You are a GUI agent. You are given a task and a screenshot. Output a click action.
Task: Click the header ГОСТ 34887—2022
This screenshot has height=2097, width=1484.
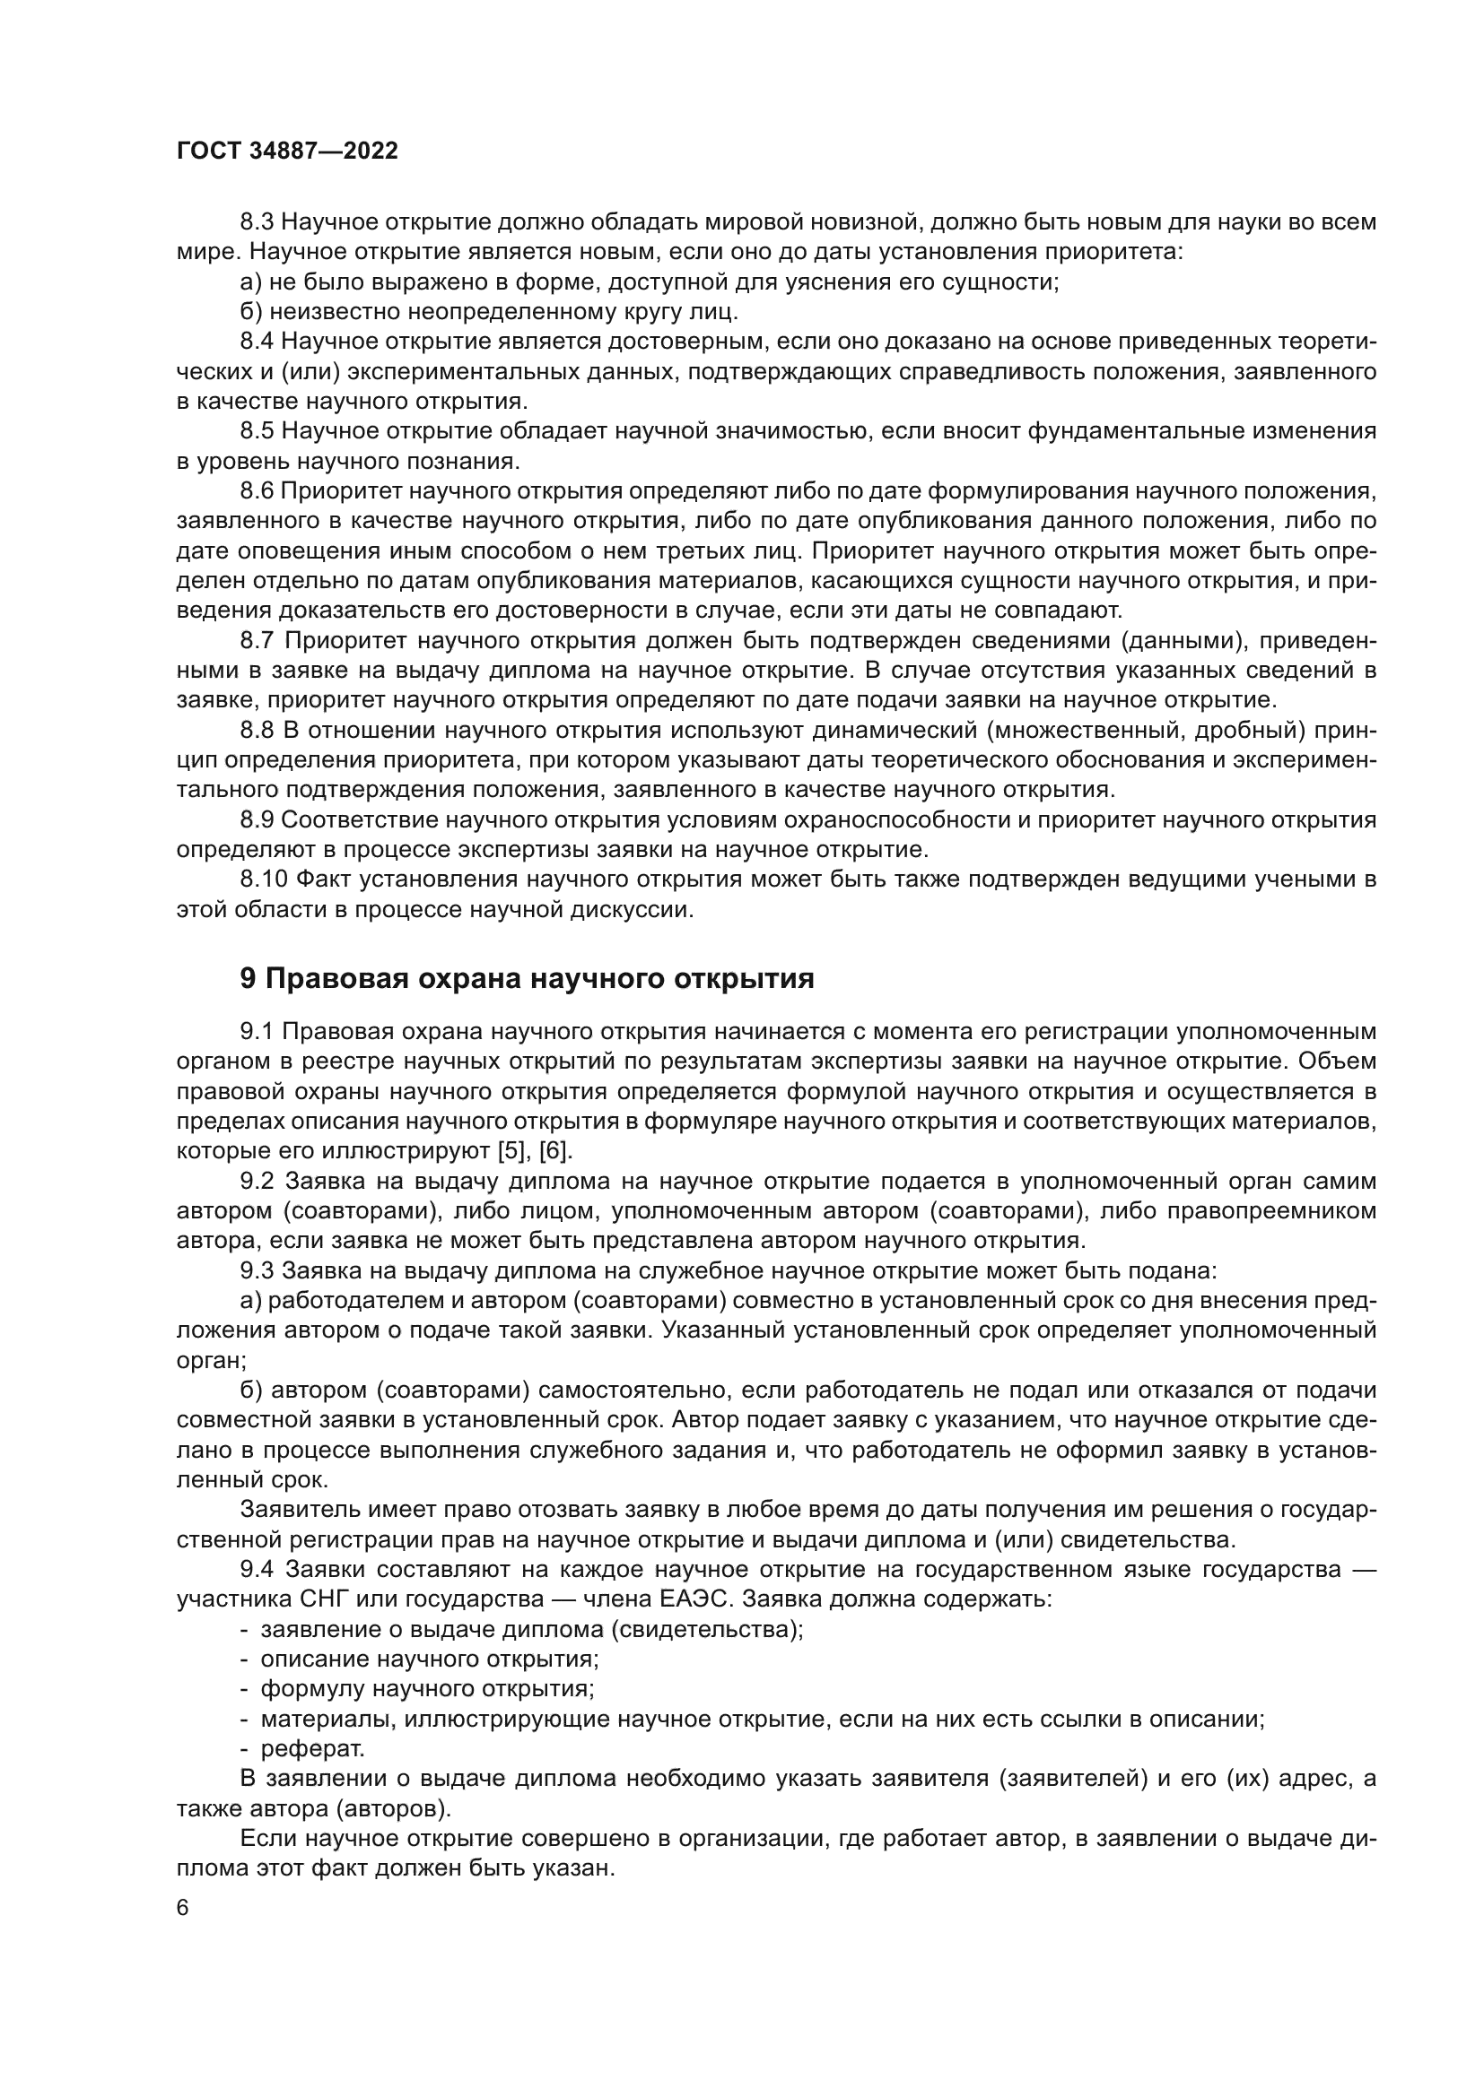tap(287, 152)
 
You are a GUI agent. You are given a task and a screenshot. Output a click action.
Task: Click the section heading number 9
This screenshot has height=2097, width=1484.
tap(248, 979)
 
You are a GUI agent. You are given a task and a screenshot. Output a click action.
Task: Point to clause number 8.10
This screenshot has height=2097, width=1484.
tap(264, 880)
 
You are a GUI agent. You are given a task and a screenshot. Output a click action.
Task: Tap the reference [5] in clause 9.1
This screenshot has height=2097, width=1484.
tap(513, 1151)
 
